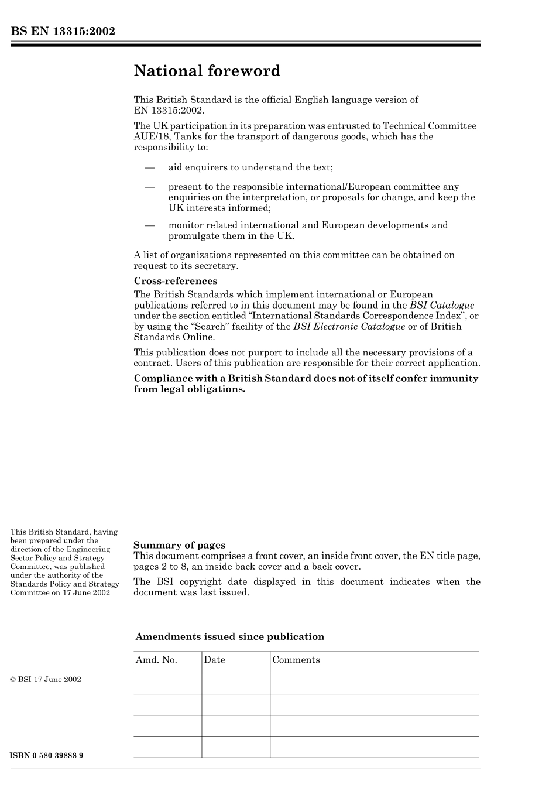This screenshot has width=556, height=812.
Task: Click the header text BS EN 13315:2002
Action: (x=63, y=32)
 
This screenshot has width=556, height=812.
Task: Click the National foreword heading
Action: (x=207, y=71)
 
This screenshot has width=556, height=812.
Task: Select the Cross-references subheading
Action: (x=176, y=281)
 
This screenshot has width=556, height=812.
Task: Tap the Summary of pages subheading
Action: (x=179, y=545)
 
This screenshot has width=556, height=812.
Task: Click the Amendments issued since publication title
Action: (x=229, y=636)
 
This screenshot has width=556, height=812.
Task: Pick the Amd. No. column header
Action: (x=156, y=660)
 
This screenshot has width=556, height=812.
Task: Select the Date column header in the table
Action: (x=214, y=660)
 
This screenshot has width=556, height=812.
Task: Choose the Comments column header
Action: (x=296, y=660)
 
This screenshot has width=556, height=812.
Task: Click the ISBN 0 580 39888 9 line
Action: (x=47, y=755)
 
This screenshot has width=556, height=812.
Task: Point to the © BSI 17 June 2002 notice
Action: (x=46, y=680)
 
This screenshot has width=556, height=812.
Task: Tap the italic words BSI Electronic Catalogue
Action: (x=349, y=327)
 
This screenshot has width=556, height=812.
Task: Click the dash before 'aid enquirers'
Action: (x=150, y=167)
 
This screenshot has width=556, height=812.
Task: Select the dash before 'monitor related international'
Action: (x=150, y=225)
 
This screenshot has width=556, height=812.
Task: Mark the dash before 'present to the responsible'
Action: (x=150, y=187)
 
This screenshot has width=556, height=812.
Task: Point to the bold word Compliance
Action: (x=164, y=378)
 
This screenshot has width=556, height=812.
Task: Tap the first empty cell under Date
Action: (x=235, y=683)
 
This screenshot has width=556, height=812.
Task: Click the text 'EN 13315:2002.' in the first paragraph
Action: (x=169, y=110)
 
